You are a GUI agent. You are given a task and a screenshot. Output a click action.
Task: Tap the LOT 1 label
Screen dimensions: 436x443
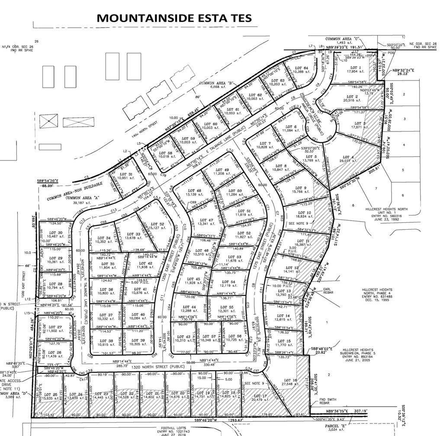[355, 68]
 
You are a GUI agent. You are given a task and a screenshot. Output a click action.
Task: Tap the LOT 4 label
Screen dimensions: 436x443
[347, 157]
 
